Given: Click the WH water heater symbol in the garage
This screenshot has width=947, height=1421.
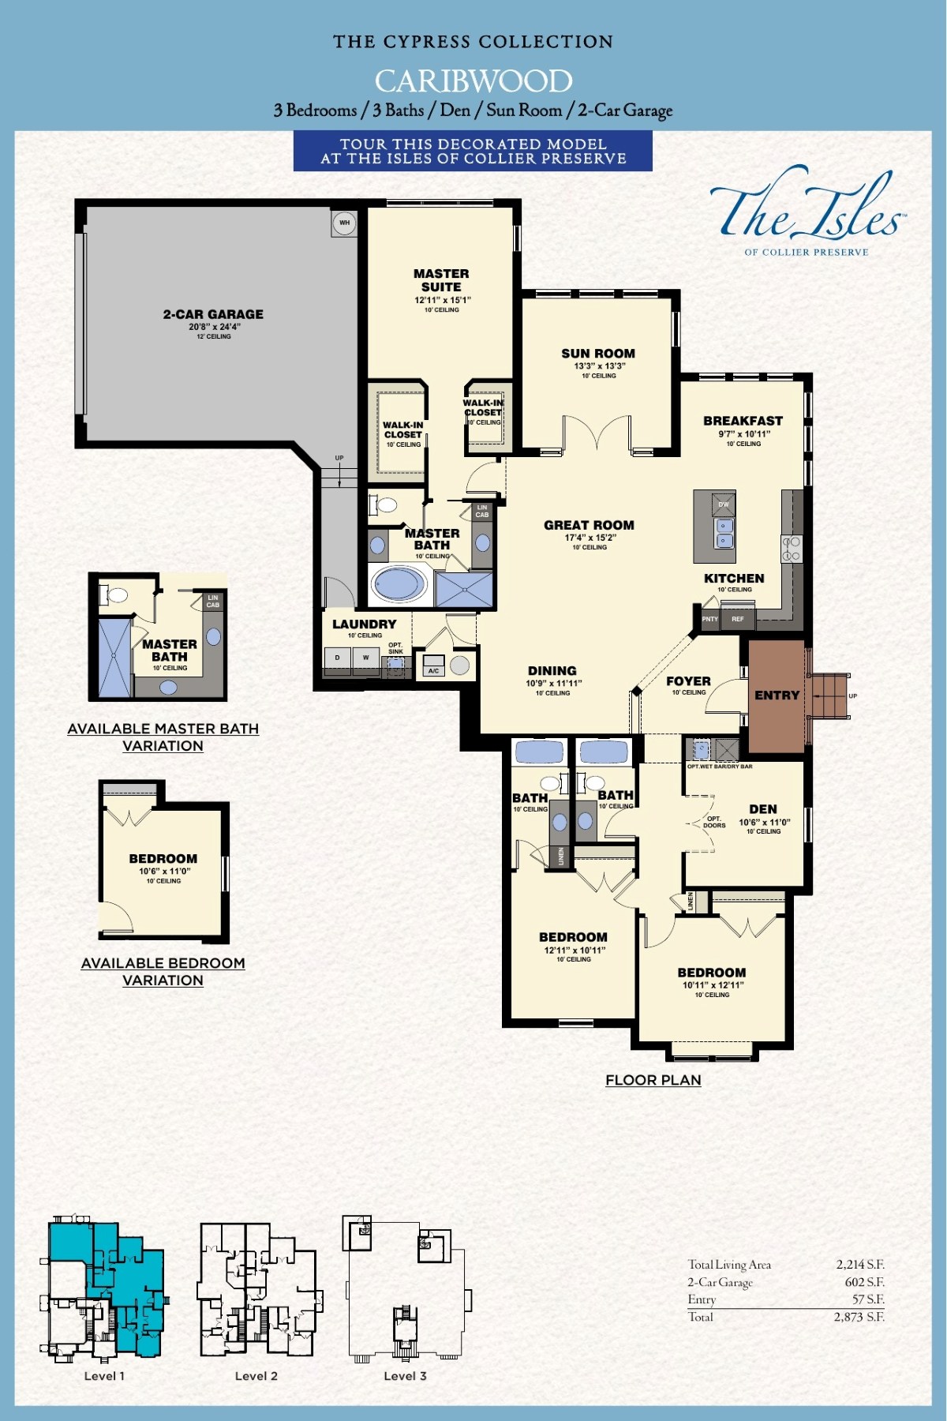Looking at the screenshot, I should pos(344,223).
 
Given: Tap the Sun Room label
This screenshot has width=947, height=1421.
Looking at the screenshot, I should pos(598,354).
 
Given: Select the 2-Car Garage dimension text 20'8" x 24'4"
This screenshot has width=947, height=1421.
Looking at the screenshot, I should pos(214,327).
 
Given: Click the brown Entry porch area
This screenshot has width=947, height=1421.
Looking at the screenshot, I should pos(777,696).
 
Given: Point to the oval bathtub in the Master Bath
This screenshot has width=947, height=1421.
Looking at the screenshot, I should pos(399,585).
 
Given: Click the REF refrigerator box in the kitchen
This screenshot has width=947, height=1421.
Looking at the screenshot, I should pos(738,619).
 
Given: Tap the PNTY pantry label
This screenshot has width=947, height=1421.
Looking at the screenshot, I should pos(710,619).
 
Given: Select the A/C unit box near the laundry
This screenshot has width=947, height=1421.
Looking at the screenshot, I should pos(433,666).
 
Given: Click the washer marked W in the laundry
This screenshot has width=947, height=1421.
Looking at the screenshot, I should pos(365,658).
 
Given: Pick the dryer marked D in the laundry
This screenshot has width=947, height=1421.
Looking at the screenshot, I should pos(338,658).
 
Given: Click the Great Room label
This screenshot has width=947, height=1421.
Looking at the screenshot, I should pos(589,525).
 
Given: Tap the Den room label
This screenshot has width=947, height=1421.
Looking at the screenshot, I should pos(762,809).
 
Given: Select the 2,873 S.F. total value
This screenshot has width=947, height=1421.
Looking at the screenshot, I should pos(859,1317).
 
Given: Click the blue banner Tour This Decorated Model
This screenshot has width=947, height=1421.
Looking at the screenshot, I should pos(473,151).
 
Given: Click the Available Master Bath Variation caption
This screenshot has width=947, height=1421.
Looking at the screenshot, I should pos(163,737).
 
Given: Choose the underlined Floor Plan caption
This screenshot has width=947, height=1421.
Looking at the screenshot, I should pos(653,1080).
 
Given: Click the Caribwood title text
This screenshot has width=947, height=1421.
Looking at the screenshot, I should pos(473,81).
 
